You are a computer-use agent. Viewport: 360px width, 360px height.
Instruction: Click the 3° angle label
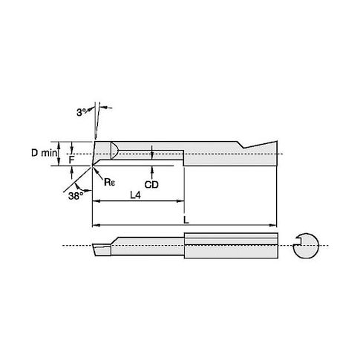click(x=82, y=113)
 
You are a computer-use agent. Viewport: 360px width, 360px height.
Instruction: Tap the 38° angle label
click(x=75, y=196)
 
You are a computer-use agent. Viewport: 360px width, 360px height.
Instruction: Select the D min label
click(x=44, y=153)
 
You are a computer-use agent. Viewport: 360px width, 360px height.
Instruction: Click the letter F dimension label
click(x=71, y=160)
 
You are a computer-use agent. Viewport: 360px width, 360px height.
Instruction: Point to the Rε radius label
click(x=110, y=182)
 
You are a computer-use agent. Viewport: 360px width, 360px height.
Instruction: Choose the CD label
click(x=151, y=184)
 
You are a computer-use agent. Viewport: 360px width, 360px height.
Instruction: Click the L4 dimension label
click(x=135, y=195)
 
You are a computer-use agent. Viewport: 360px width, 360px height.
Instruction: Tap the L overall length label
click(x=186, y=220)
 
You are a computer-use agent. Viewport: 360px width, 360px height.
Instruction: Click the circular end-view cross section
click(x=306, y=246)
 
